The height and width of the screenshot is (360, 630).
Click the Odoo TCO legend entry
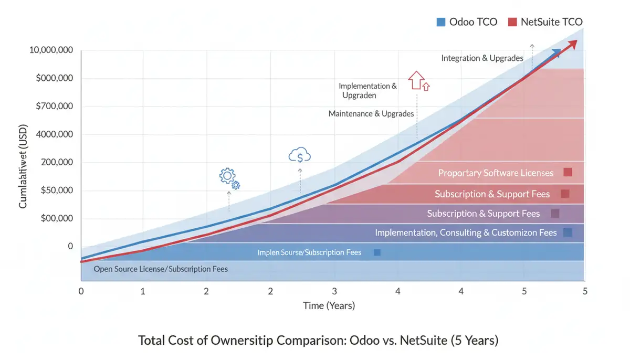pyautogui.click(x=467, y=22)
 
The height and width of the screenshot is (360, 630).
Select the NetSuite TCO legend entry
pyautogui.click(x=545, y=22)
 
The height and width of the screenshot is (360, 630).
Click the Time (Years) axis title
pyautogui.click(x=329, y=305)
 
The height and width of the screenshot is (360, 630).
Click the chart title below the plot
pyautogui.click(x=318, y=341)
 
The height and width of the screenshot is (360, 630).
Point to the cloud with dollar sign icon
pyautogui.click(x=300, y=155)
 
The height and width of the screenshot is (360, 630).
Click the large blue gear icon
pyautogui.click(x=227, y=176)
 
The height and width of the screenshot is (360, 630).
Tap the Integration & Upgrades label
pyautogui.click(x=482, y=58)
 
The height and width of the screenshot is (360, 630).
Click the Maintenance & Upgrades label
pyautogui.click(x=371, y=113)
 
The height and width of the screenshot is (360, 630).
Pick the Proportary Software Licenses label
pyautogui.click(x=496, y=173)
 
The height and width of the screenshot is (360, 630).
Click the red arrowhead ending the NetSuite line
pyautogui.click(x=573, y=44)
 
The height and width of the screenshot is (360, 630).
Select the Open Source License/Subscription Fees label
pyautogui.click(x=161, y=269)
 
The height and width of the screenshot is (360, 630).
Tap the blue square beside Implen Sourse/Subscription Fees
pyautogui.click(x=376, y=252)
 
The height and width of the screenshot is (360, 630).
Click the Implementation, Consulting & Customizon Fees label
pyautogui.click(x=466, y=232)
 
